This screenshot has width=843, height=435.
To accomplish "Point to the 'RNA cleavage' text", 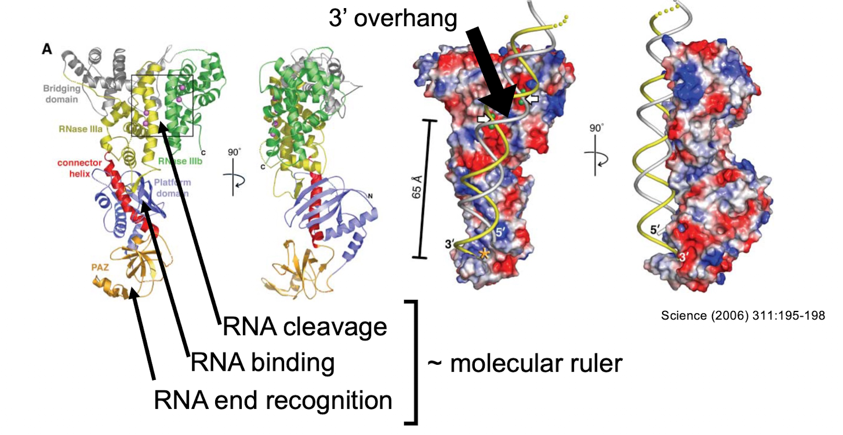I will pos(304,328).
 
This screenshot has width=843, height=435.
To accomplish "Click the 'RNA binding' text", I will pos(263,363).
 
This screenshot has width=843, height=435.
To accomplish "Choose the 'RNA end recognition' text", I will pos(272,400).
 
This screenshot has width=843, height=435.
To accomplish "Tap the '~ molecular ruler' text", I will pos(525,364).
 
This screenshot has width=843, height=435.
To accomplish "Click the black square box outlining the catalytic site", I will pos(162,106).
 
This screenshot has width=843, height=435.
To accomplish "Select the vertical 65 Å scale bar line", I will pos(430,188).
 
